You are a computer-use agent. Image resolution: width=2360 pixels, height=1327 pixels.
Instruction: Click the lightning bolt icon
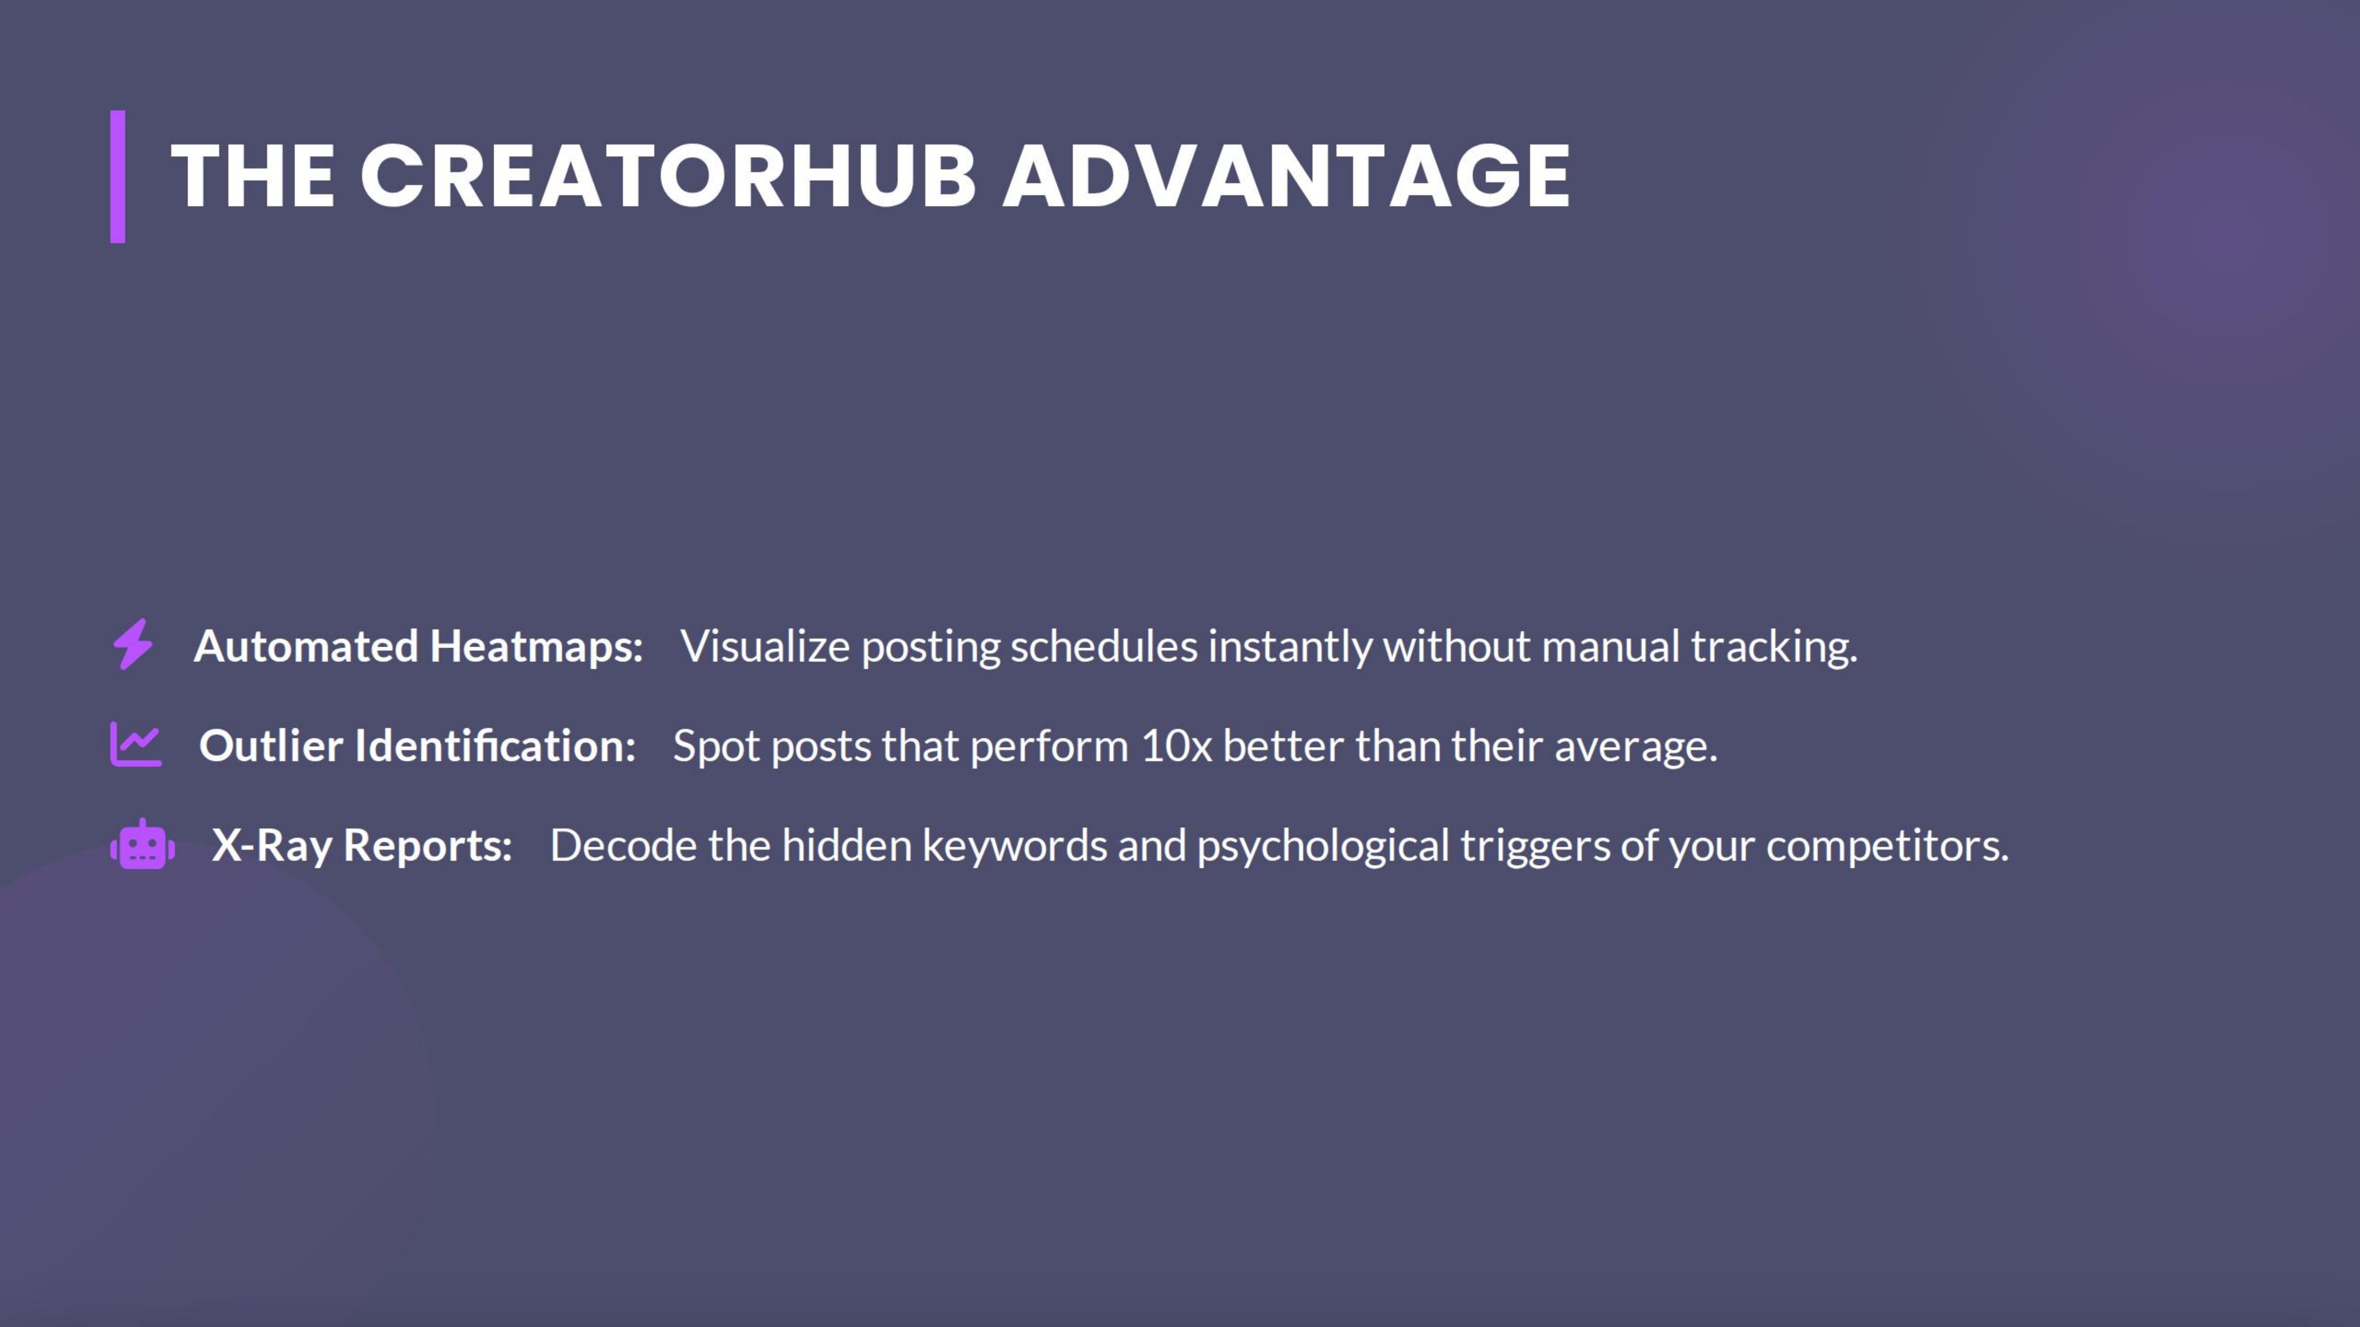click(133, 645)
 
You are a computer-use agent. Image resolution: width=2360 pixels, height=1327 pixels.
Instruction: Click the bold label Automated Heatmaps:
click(418, 647)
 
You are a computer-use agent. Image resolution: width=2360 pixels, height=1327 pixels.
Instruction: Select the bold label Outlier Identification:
click(417, 745)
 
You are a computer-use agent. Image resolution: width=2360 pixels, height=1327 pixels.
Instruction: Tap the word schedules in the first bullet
click(1104, 647)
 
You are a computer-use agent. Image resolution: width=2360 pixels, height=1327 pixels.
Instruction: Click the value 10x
click(1176, 745)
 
